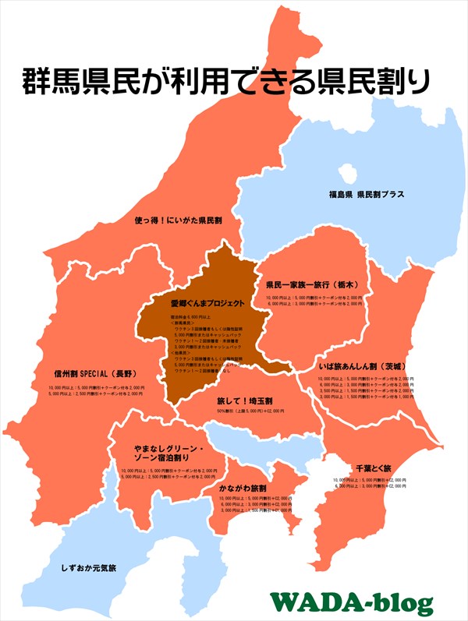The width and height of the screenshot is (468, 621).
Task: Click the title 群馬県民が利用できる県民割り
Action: click(226, 81)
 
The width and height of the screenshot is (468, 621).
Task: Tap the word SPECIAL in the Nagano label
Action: click(91, 373)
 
